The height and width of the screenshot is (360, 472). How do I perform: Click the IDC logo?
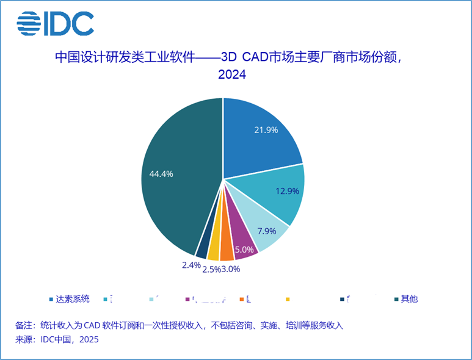pos(55,24)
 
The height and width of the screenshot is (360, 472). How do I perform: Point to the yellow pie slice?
pos(214,250)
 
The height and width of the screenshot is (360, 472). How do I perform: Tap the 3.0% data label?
pos(230,268)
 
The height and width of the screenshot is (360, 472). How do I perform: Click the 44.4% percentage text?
pos(161,173)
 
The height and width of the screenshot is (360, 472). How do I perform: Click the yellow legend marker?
pos(288,300)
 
